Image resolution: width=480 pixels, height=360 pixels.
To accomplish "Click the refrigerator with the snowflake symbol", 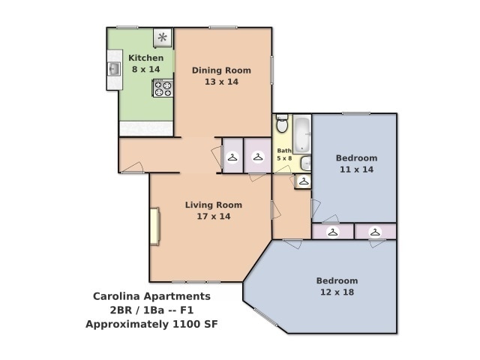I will [x=162, y=37].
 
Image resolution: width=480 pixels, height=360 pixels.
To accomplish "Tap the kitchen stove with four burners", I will [x=163, y=88].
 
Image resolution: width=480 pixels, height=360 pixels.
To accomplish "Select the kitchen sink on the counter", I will [x=114, y=70].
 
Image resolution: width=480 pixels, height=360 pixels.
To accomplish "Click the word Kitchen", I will [x=145, y=58].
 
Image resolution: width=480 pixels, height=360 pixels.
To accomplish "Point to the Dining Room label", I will [x=221, y=70].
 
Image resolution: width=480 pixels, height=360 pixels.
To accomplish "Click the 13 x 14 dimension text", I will [x=221, y=82].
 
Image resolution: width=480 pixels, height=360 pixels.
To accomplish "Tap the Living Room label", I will [x=214, y=205].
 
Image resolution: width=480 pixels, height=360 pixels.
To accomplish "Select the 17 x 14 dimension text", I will [x=214, y=217].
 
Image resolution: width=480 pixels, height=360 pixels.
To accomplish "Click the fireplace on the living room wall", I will [x=154, y=226].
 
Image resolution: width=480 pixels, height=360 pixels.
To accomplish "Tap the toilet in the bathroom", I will [x=282, y=125].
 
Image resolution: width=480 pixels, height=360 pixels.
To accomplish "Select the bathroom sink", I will [x=306, y=163].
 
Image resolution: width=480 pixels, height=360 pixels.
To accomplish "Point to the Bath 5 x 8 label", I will [x=284, y=154].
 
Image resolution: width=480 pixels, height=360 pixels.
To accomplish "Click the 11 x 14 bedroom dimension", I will [x=356, y=169].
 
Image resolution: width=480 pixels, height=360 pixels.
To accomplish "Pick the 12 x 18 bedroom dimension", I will [x=337, y=292].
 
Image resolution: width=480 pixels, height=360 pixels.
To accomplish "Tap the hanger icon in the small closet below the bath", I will [x=303, y=181].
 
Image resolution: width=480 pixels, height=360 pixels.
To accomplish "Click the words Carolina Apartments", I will [x=151, y=296].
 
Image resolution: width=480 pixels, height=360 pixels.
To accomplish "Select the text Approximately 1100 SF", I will [x=151, y=325].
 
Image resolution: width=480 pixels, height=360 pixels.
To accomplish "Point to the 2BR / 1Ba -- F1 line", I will [x=151, y=310].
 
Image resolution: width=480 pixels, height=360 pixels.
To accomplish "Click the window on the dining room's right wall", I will [x=271, y=67].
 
